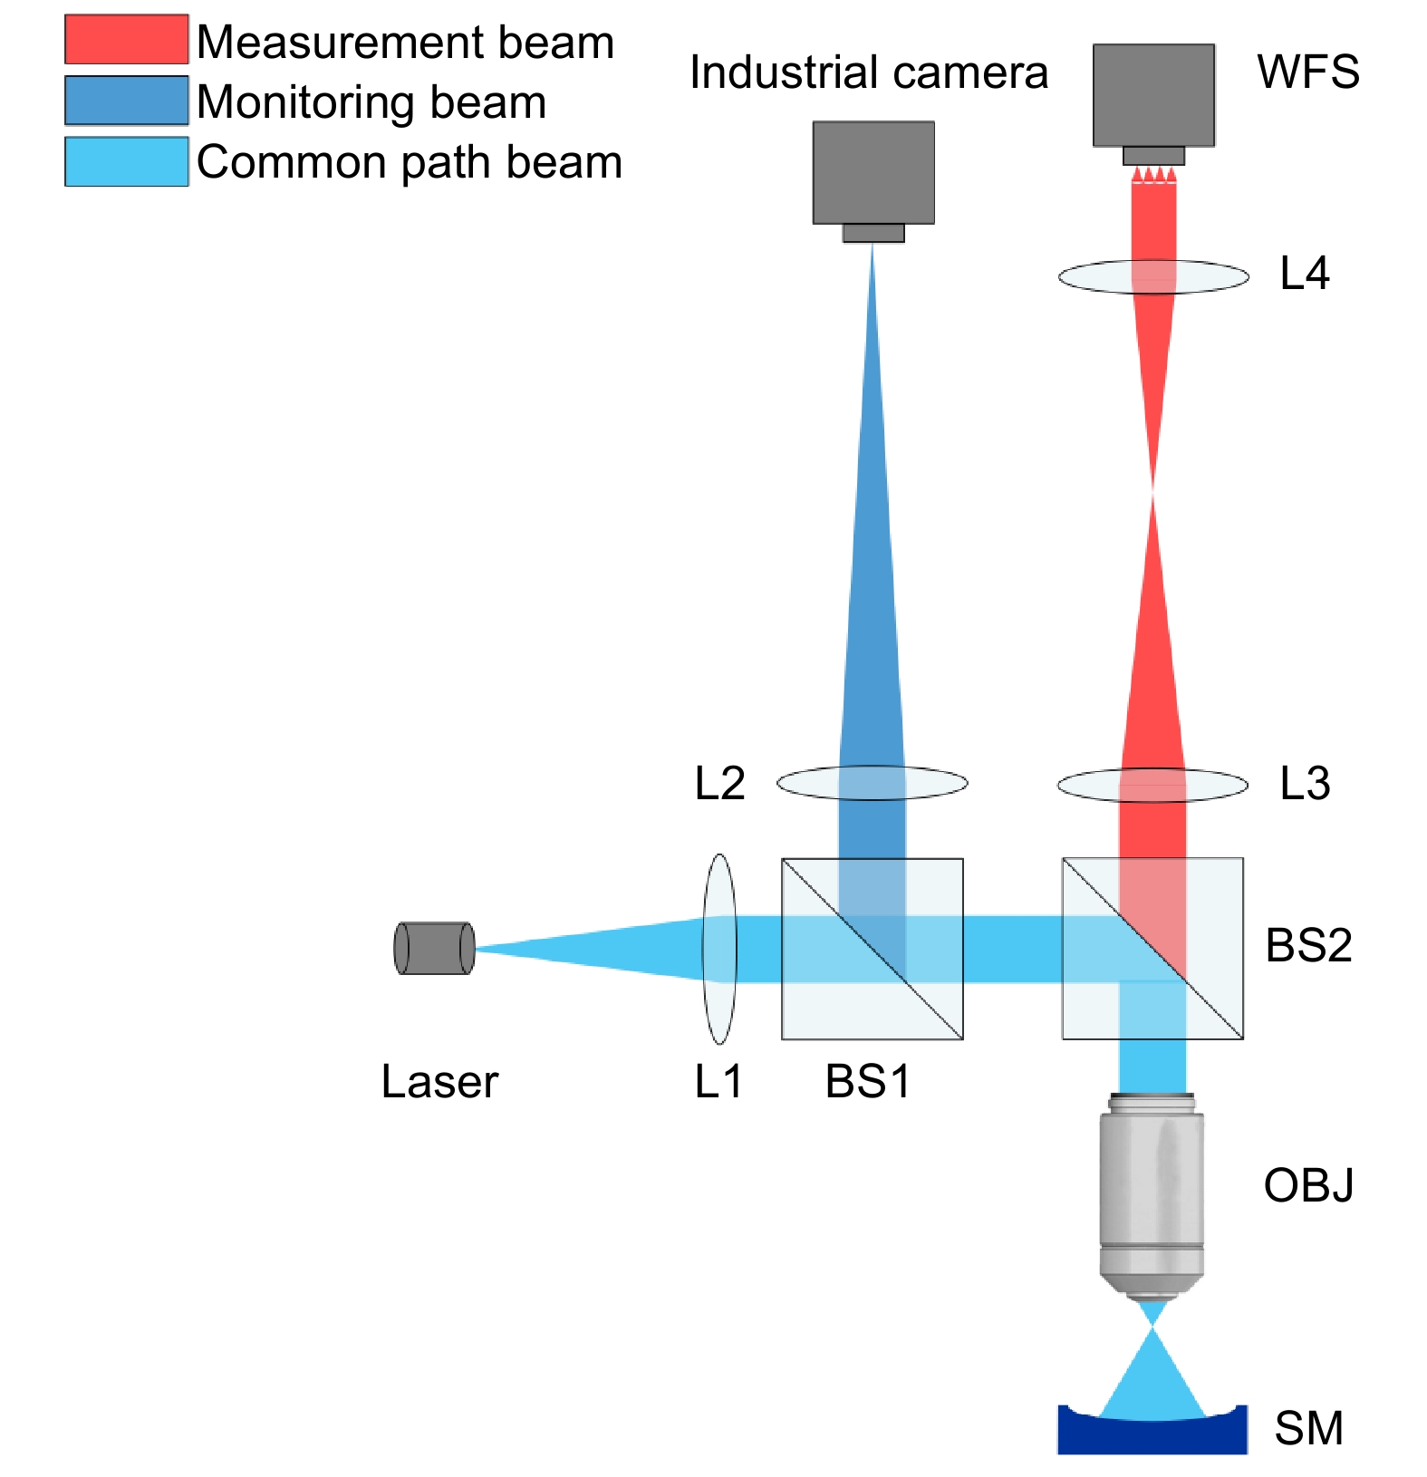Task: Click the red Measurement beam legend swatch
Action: pos(126,39)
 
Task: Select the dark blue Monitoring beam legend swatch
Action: pos(126,100)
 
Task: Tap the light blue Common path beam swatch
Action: pos(126,161)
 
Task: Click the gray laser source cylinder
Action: pos(434,948)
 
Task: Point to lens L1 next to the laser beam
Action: pos(719,949)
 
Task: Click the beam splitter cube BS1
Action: pos(872,949)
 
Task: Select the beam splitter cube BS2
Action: pos(1152,949)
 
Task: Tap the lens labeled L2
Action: pos(872,782)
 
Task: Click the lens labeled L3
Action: pos(1152,785)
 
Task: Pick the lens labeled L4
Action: pos(1153,276)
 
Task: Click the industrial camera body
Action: pos(873,173)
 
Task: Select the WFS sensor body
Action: pos(1153,95)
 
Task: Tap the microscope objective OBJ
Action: pos(1152,1196)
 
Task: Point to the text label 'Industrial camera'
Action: pos(868,72)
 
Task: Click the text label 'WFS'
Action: pos(1307,72)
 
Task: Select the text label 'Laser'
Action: pos(439,1081)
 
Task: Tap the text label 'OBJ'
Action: pos(1308,1185)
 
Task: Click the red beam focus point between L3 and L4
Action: pos(1152,490)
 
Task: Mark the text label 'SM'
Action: pos(1308,1429)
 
